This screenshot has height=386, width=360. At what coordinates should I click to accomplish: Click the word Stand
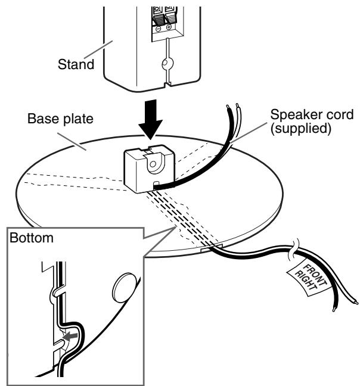pos(76,64)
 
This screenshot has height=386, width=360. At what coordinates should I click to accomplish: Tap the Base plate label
pos(60,119)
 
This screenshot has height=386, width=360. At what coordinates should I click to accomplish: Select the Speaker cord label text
pos(312,114)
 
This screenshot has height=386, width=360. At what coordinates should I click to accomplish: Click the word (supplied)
pos(301,128)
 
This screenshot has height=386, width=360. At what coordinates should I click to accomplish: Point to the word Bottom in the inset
pos(32,238)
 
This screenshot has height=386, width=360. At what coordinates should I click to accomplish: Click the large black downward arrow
pos(150,120)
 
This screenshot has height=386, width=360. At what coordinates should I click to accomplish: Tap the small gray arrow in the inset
pos(70,336)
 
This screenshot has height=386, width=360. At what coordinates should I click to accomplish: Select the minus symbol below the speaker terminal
pos(159,29)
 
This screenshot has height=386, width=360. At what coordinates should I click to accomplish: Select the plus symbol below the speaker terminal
pos(169,27)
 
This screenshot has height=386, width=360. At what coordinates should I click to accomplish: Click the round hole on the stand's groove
pos(167,64)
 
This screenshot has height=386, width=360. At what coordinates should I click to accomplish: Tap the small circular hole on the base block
pos(153,164)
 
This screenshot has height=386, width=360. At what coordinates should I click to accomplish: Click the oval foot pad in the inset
pos(124,288)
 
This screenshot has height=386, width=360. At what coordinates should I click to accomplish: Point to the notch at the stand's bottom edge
pos(167,84)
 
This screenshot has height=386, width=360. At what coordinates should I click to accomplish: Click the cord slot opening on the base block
pos(156,184)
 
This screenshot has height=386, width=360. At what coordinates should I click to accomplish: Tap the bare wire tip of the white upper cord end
pos(237,105)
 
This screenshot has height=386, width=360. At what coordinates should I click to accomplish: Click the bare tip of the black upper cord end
pos(228,107)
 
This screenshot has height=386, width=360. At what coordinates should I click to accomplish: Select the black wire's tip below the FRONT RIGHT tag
pos(334,309)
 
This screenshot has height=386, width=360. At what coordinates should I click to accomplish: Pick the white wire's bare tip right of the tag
pos(355,302)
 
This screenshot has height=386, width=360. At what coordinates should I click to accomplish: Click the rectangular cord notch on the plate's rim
pos(212,248)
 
